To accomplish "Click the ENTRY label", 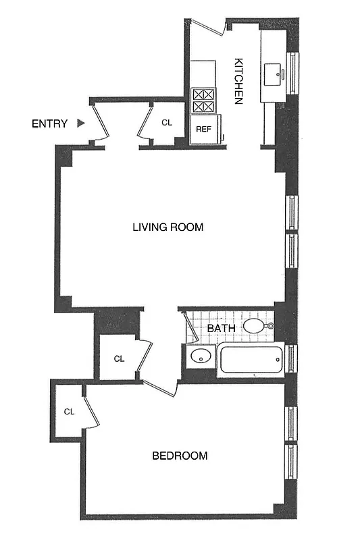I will point(49,124).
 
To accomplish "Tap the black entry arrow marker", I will point(81,124).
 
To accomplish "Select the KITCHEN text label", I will point(238,81).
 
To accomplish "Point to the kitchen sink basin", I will point(277,72).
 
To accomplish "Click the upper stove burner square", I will point(203,94).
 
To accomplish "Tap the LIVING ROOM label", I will point(168,227).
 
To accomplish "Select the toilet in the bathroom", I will point(256,327).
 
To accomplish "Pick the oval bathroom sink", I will point(199,356).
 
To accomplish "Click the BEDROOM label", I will point(180,456).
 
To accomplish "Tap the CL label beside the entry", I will point(167,123).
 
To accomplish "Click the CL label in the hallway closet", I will point(119,358).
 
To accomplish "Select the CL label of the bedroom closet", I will point(69,411).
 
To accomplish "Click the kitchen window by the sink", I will point(293,72).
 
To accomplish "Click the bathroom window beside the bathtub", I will point(292,358).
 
